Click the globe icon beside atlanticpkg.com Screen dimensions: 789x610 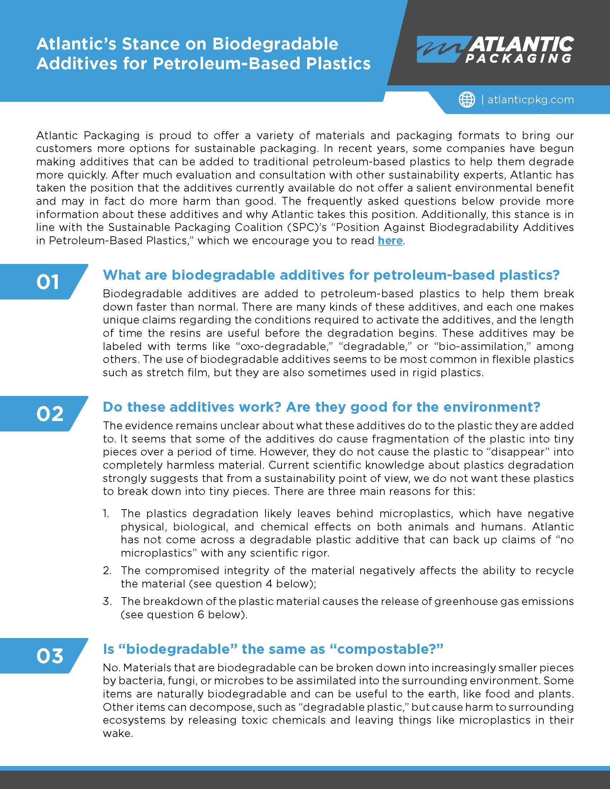point(467,99)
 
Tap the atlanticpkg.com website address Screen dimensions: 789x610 point(530,100)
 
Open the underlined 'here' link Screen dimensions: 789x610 point(390,241)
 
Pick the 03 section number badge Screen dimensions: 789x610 point(50,656)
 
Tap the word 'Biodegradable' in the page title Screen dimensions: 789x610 point(275,44)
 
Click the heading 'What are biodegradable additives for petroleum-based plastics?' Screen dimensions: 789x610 point(331,275)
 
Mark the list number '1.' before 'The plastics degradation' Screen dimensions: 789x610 point(106,513)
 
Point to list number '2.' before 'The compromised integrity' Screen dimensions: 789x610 point(107,571)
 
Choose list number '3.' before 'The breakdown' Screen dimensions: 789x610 point(107,601)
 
